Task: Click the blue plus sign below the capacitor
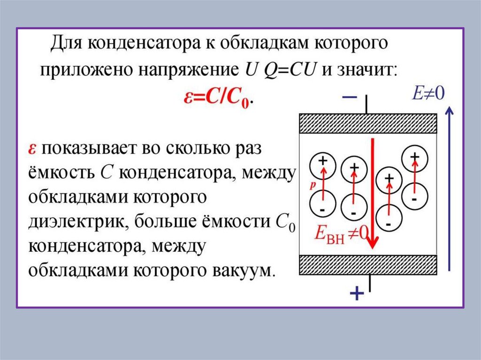[357, 294]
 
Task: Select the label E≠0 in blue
[428, 92]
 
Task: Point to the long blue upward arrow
[450, 188]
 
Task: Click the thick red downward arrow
[372, 192]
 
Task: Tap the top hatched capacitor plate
[369, 124]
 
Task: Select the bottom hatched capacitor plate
[369, 265]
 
